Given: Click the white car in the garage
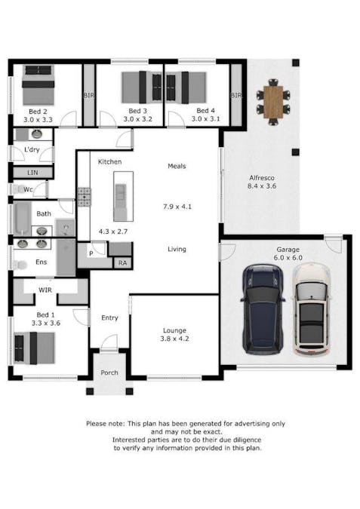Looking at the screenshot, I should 309,310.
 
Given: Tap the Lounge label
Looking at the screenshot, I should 174,330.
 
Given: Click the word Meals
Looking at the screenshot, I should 177,167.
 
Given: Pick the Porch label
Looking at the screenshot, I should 110,373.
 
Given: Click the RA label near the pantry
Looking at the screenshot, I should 122,263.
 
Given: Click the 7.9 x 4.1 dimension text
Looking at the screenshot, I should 177,206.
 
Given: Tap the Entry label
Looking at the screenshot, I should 109,317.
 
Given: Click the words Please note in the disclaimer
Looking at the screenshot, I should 106,424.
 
